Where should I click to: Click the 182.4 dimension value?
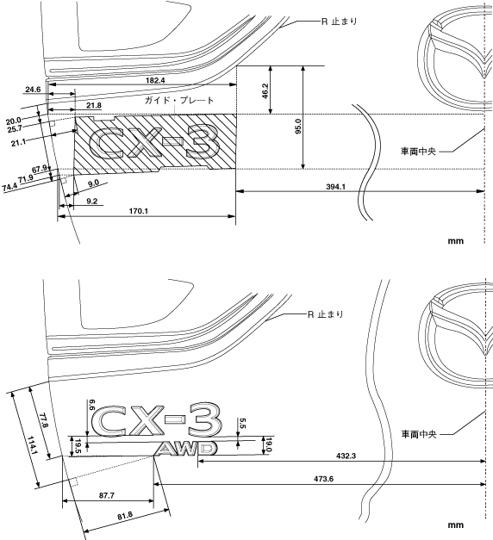(155, 80)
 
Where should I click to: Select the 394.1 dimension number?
(335, 187)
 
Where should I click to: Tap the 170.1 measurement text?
(139, 211)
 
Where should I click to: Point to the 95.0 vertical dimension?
(298, 126)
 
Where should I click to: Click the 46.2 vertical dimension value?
(265, 90)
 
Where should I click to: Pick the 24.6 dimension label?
(33, 90)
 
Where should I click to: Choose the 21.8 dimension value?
(94, 105)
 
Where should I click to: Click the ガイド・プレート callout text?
(179, 100)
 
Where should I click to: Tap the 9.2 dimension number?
(91, 202)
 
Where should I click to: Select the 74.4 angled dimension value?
(9, 188)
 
